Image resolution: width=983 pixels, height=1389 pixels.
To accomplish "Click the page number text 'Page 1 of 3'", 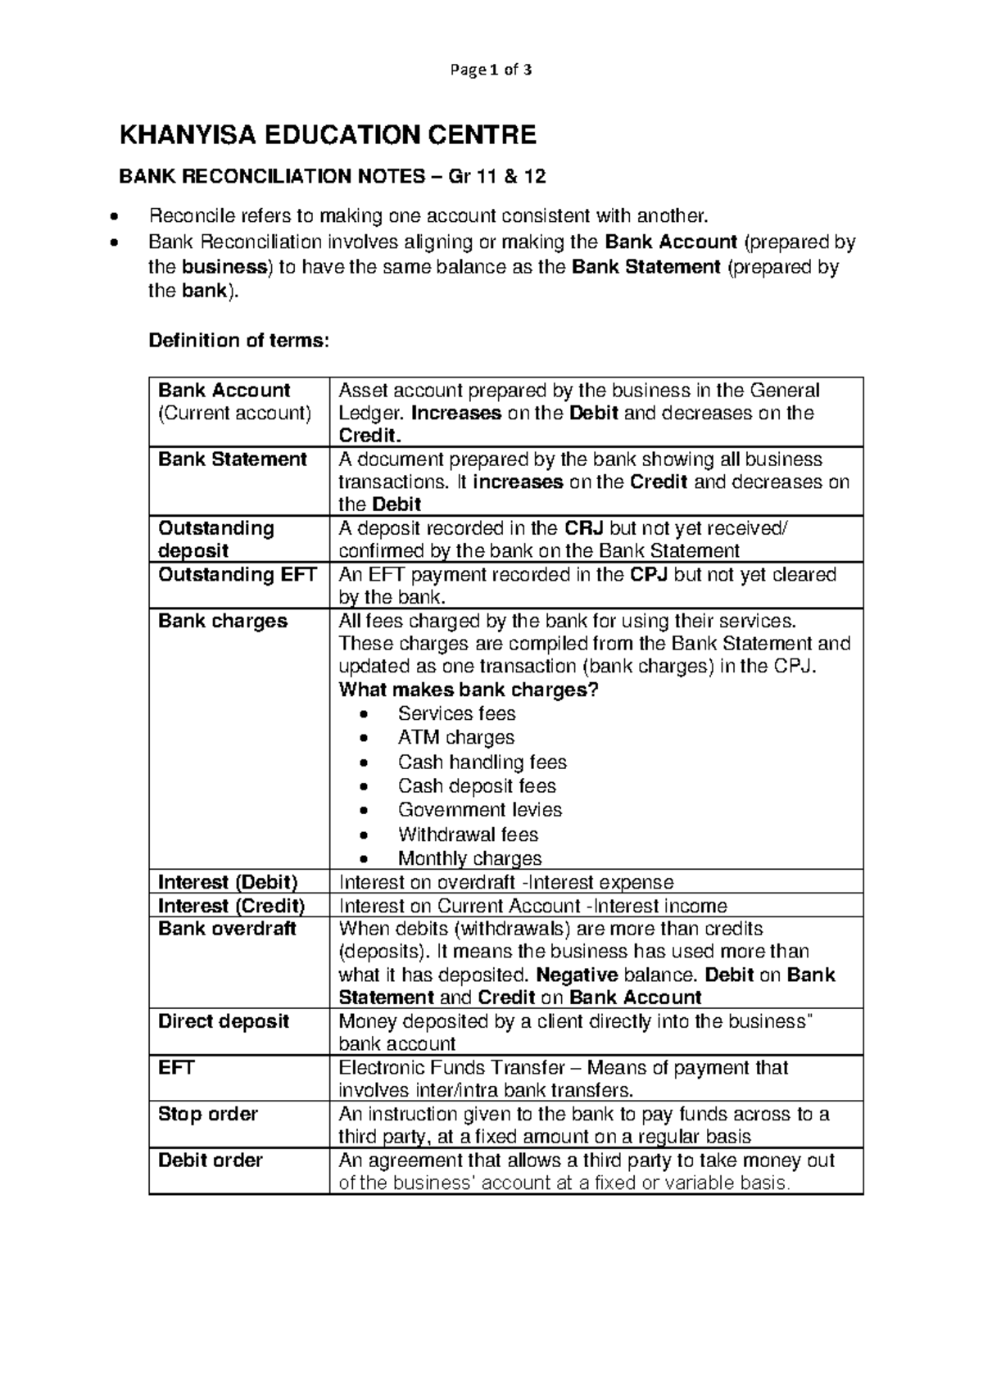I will (491, 70).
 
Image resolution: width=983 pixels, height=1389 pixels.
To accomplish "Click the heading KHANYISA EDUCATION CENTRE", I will (328, 135).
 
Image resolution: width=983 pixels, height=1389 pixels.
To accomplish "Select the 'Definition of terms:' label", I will (238, 341).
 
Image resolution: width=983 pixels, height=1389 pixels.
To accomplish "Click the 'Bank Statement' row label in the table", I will (232, 459).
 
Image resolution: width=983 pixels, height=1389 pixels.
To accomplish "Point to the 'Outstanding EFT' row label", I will (237, 575).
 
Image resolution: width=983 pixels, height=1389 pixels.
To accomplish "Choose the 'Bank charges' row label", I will (222, 622).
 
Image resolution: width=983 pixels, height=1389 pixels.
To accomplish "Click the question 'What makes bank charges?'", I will (469, 690).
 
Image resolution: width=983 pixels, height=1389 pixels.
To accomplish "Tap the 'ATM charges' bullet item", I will (455, 738).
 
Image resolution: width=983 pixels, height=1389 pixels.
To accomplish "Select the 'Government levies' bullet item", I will (479, 810).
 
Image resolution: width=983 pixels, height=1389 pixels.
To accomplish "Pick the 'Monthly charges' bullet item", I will (469, 859).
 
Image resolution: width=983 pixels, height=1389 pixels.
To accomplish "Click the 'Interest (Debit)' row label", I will (227, 883).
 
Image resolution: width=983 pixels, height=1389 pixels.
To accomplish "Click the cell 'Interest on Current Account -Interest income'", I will (532, 907).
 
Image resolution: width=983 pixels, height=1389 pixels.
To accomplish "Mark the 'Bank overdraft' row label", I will (227, 930).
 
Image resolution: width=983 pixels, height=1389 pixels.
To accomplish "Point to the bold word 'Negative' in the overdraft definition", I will (577, 975).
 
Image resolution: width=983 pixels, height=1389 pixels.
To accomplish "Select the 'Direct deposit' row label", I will (223, 1022).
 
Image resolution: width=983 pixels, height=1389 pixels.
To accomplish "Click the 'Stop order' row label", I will (207, 1115).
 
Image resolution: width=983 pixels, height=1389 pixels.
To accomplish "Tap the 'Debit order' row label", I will (210, 1161).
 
